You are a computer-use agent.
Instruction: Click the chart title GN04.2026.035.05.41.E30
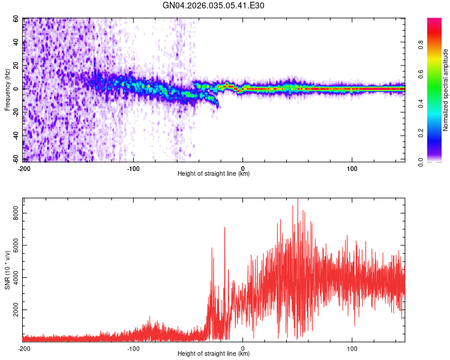point(214,5)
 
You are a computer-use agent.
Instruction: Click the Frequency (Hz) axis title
point(7,90)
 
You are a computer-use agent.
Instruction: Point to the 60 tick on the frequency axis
point(16,19)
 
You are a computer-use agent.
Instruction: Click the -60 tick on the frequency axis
point(14,159)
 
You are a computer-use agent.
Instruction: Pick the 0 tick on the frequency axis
point(18,89)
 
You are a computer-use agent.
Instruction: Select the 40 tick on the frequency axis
point(16,43)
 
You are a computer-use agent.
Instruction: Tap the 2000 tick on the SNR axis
point(13,310)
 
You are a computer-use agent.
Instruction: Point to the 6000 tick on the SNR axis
point(13,245)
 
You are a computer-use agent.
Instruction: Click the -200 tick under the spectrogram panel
point(24,168)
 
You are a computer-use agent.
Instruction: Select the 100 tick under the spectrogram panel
point(352,168)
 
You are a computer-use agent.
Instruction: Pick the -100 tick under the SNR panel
point(133,348)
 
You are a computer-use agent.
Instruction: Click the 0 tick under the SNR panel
point(242,348)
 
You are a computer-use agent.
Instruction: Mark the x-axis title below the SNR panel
point(214,355)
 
